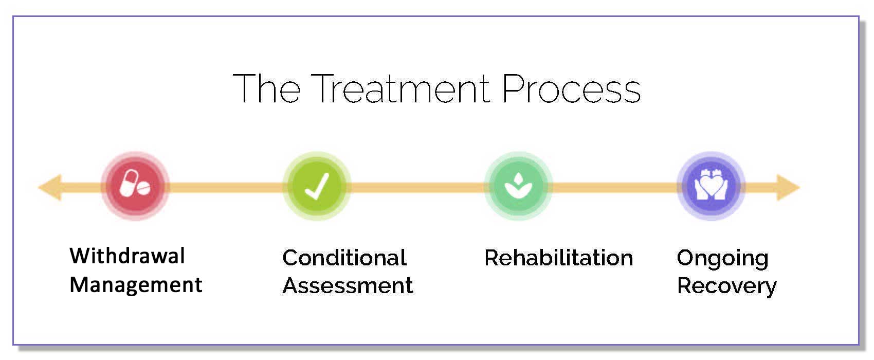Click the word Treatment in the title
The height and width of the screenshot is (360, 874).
pyautogui.click(x=400, y=88)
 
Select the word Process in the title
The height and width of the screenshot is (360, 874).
pyautogui.click(x=571, y=88)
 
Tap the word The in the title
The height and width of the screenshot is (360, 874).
pyautogui.click(x=267, y=88)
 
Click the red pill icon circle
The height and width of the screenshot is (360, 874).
pyautogui.click(x=135, y=186)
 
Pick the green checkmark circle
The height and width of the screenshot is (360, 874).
pyautogui.click(x=317, y=186)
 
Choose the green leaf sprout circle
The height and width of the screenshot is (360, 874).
pyautogui.click(x=518, y=186)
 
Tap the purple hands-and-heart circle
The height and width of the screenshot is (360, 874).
pyautogui.click(x=711, y=186)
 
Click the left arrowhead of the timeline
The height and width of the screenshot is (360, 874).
pyautogui.click(x=49, y=187)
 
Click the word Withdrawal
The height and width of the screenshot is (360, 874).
pyautogui.click(x=127, y=256)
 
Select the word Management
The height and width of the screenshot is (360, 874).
pyautogui.click(x=136, y=284)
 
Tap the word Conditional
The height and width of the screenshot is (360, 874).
pyautogui.click(x=344, y=258)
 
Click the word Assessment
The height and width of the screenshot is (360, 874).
pyautogui.click(x=348, y=286)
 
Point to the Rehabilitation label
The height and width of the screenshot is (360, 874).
pyautogui.click(x=559, y=258)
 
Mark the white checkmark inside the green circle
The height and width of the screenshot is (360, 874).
pyautogui.click(x=317, y=186)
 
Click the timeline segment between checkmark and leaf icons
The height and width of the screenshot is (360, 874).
pyautogui.click(x=417, y=187)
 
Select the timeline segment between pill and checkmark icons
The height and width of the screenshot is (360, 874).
pyautogui.click(x=226, y=187)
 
